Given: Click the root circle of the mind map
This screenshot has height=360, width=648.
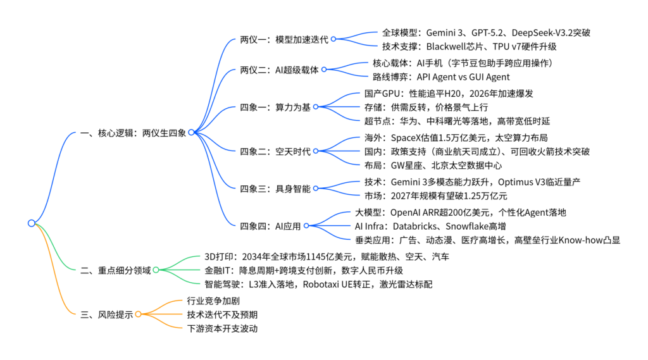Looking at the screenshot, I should pos(32,223).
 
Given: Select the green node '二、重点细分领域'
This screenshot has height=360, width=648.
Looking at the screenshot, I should pos(115,270).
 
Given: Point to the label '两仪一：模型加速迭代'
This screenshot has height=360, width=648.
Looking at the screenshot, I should pos(284,39).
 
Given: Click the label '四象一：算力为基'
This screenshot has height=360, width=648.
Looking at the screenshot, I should pos(275,106).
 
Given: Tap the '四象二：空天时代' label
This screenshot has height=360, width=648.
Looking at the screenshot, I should pos(275,151).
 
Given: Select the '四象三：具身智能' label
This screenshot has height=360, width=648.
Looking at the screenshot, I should pos(275,188).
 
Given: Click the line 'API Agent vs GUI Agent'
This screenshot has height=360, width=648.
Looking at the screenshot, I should pos(463,77).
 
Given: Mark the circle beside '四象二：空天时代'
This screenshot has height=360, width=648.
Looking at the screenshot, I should pos(316,151).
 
